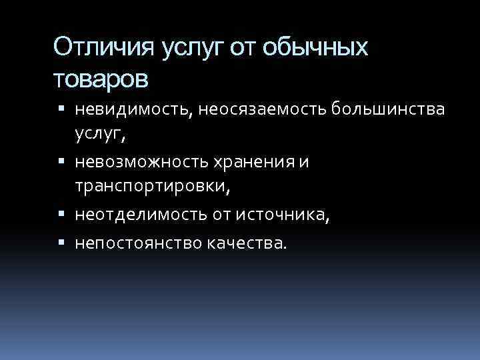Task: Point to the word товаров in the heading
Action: pyautogui.click(x=101, y=79)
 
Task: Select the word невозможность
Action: pyautogui.click(x=150, y=163)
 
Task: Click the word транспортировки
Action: pyautogui.click(x=151, y=189)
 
